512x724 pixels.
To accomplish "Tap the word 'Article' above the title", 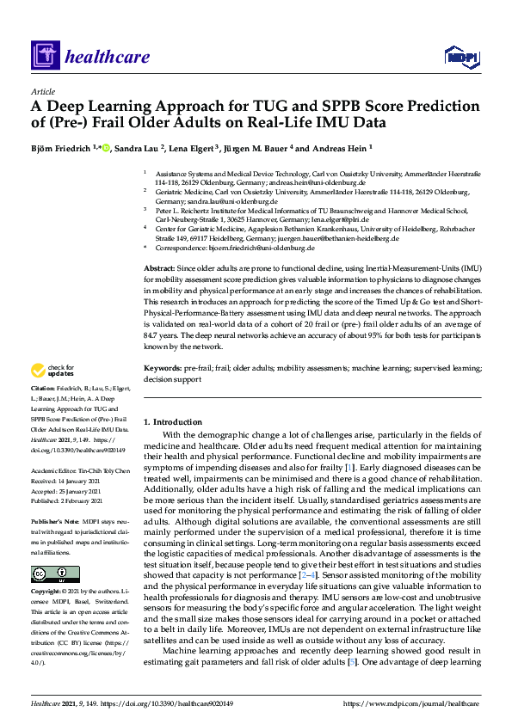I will click(x=42, y=90).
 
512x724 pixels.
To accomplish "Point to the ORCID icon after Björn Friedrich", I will click(x=106, y=148).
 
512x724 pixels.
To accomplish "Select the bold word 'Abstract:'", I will click(x=160, y=269).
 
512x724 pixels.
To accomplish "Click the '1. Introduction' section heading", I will click(x=172, y=422).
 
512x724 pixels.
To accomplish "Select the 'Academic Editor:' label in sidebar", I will click(x=54, y=472).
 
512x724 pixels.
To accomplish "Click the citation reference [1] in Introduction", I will click(x=348, y=466).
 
